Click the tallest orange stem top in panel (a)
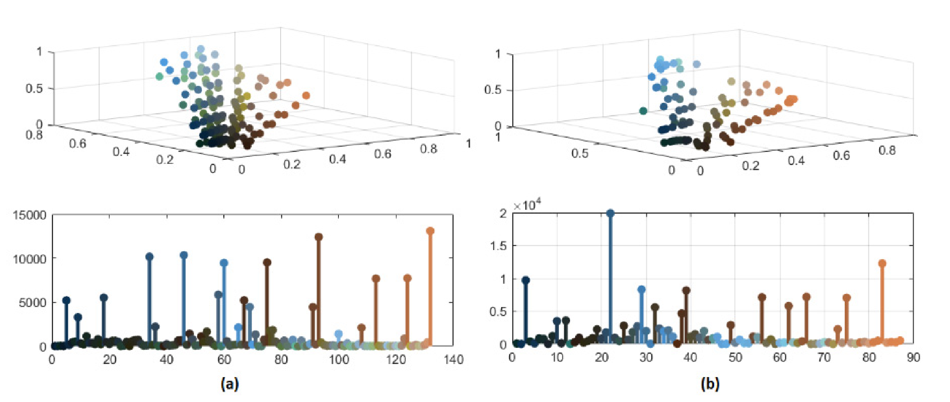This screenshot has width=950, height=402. [430, 231]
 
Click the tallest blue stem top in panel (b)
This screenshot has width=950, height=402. [610, 213]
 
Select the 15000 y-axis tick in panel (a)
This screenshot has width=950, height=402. [30, 215]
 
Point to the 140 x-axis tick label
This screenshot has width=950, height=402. [453, 359]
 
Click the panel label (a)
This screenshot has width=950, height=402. [230, 383]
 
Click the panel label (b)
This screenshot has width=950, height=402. [710, 383]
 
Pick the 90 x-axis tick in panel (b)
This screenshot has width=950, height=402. [913, 357]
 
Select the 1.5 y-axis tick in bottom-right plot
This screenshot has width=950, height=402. [498, 246]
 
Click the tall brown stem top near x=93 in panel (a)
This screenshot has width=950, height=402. [319, 237]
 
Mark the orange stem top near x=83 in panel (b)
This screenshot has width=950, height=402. [882, 263]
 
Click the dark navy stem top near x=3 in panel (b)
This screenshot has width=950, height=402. [526, 280]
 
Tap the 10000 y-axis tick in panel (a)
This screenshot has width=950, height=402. [30, 259]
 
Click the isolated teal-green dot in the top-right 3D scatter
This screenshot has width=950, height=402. [643, 111]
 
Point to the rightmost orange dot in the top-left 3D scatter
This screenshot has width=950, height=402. [306, 95]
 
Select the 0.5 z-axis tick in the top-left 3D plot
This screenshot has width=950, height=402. [34, 88]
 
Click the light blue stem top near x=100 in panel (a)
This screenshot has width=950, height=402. [338, 334]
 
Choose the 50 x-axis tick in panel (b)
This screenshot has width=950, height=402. [735, 357]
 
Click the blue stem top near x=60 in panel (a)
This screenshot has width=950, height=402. [224, 263]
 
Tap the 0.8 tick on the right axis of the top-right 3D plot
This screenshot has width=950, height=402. [887, 150]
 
